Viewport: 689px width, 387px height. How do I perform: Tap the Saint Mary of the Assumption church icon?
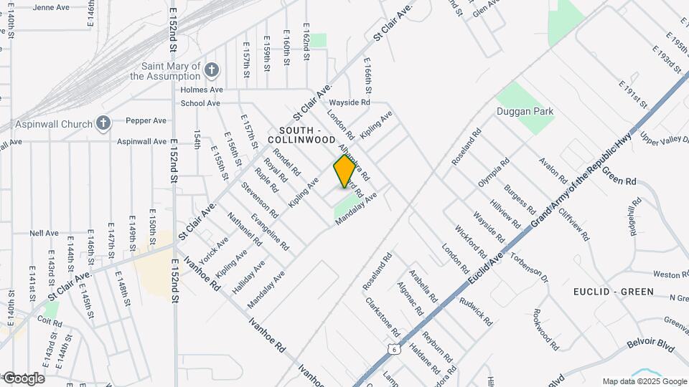coord(211,70)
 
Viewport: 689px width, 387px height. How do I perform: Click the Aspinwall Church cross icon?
coord(103,123)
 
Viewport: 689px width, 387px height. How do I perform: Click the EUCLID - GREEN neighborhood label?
coord(613,292)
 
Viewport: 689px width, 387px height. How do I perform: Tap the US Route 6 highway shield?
coord(392,348)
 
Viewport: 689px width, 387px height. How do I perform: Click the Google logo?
coord(23,378)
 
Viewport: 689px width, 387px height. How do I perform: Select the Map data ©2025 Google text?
coord(645,381)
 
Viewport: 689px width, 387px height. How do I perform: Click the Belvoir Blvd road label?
coord(651,347)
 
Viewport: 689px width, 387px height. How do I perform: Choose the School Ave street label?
coord(200,103)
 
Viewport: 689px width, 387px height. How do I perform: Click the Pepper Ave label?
coord(146,121)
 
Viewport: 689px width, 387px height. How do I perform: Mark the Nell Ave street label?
coord(44,233)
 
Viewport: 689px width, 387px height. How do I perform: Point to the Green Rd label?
coord(619,176)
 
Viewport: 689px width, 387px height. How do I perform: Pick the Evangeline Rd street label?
coord(270,231)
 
